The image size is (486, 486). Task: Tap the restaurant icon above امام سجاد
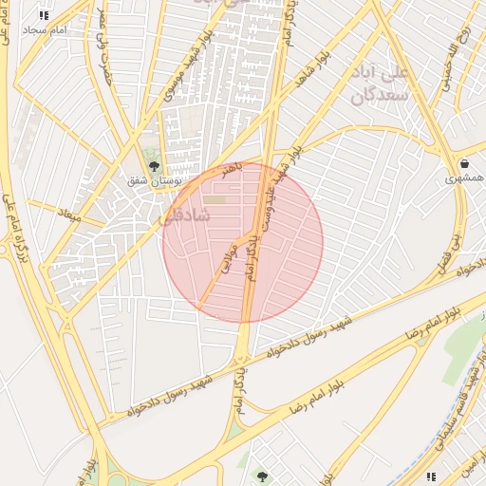tap(44, 15)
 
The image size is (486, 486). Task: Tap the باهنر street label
tap(233, 171)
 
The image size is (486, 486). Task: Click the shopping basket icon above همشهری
tap(462, 162)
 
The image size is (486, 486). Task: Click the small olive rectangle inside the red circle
tap(217, 199)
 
